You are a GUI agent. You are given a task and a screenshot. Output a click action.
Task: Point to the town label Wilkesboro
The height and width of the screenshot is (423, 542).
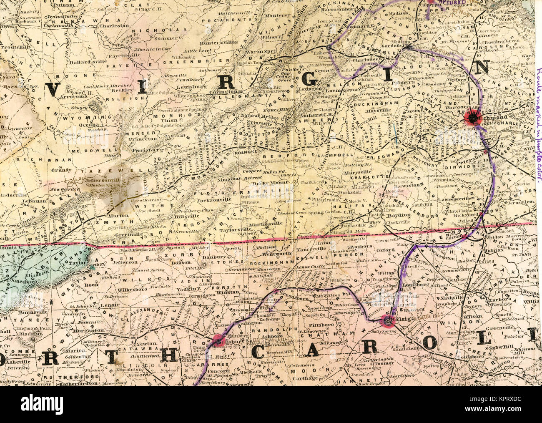tap(121, 288)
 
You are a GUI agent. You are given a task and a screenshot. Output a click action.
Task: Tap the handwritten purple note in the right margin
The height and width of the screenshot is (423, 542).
tap(538, 125)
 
